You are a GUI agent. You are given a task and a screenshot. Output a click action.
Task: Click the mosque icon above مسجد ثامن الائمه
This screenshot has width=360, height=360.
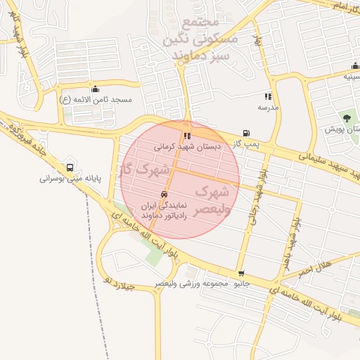point(95,89)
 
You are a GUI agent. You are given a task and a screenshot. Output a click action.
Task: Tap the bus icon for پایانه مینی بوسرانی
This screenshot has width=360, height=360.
point(69,167)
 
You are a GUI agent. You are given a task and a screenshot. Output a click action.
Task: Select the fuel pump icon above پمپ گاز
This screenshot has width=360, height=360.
point(246,133)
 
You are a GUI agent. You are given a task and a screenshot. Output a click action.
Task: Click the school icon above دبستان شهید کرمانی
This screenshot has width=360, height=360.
point(186,136)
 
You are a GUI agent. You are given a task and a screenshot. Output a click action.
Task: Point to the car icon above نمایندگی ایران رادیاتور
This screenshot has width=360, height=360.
point(164,194)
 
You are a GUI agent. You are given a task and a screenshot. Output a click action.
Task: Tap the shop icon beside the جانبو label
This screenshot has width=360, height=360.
point(242,274)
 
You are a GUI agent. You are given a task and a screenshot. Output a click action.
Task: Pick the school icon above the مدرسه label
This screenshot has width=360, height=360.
point(267,96)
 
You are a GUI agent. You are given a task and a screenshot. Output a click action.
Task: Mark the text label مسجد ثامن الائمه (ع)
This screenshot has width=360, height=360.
point(96,100)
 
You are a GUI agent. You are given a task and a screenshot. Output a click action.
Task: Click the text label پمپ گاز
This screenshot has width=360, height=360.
point(247,144)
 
